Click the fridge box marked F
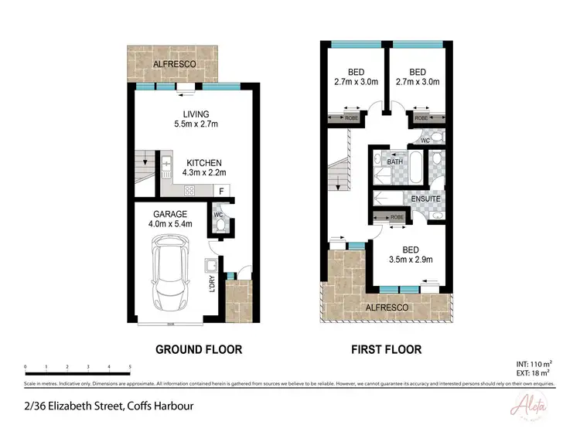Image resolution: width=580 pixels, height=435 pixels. (x=222, y=189)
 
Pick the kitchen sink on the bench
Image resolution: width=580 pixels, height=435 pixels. (x=166, y=164)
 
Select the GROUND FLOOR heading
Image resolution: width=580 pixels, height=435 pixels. (x=199, y=349)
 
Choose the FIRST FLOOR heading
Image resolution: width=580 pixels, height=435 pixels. (x=387, y=349)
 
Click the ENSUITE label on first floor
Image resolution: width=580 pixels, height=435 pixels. (x=426, y=199)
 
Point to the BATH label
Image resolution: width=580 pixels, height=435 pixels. (x=394, y=162)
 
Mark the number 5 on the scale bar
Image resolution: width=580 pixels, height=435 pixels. (x=130, y=366)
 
